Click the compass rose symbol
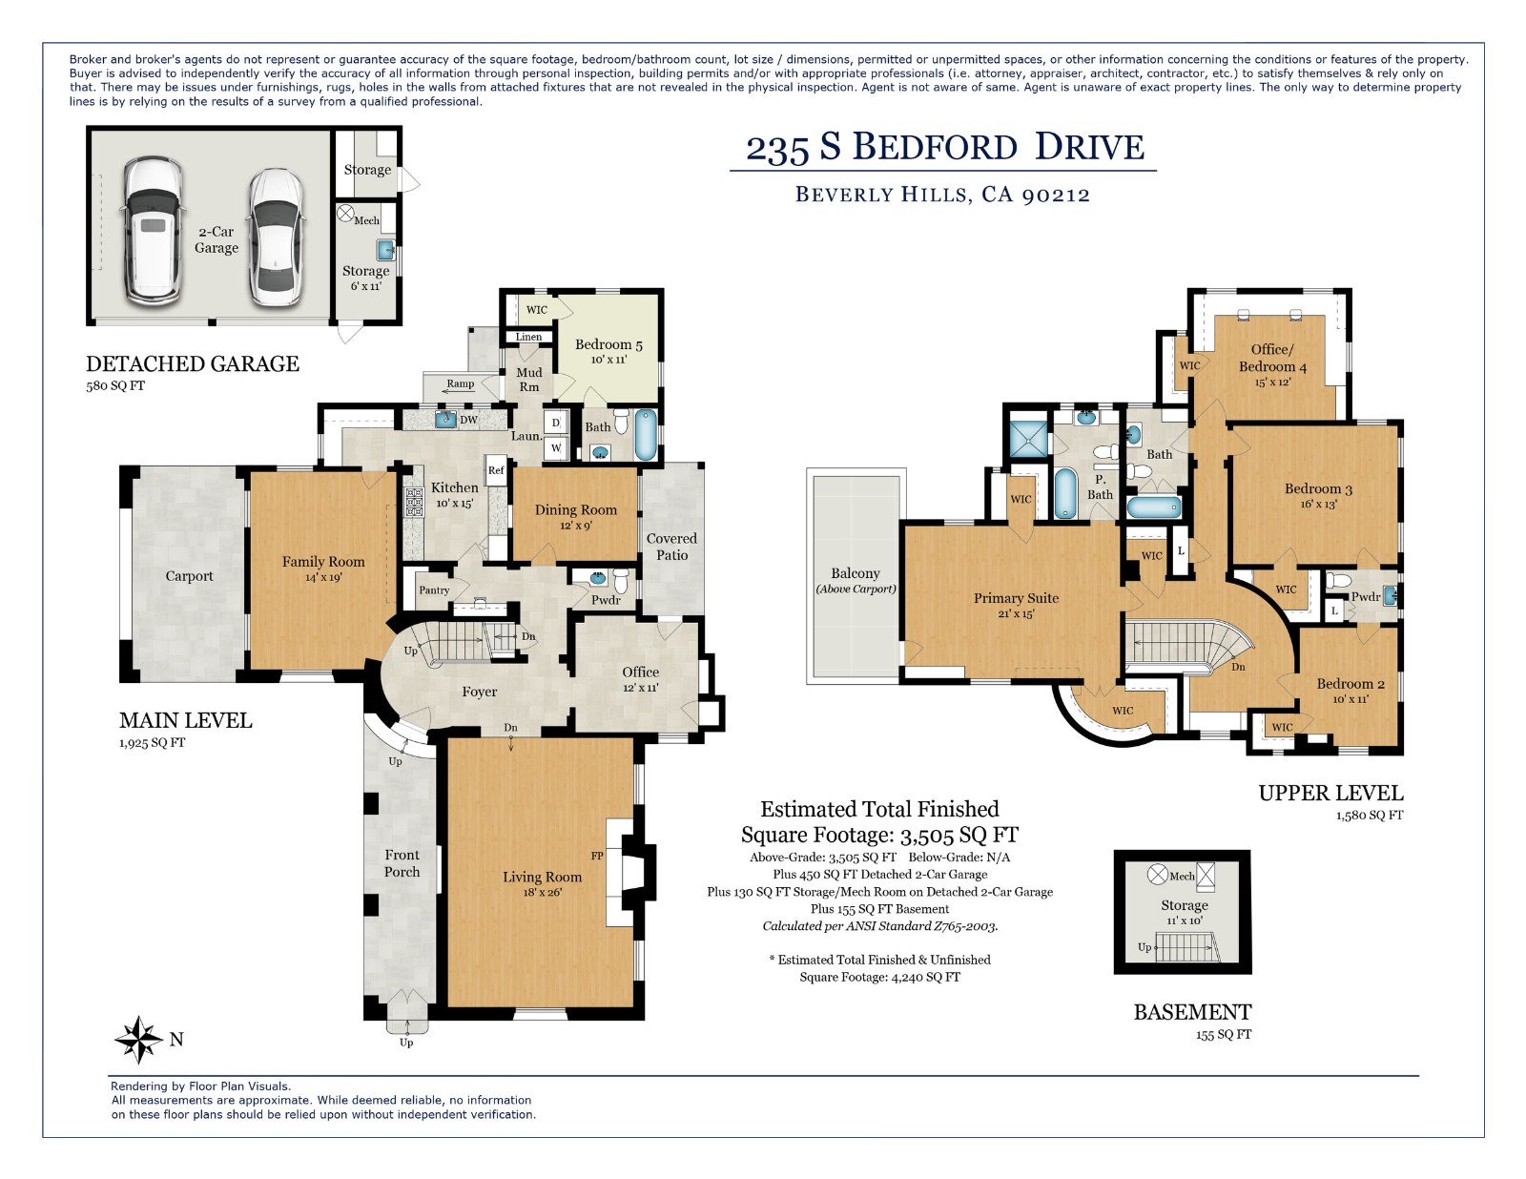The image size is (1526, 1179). pyautogui.click(x=139, y=1040)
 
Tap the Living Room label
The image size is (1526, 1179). pyautogui.click(x=542, y=877)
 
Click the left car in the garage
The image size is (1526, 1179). pyautogui.click(x=153, y=231)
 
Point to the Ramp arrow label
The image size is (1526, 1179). pyautogui.click(x=460, y=384)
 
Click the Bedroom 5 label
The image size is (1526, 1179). pyautogui.click(x=608, y=344)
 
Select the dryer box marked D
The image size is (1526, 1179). pyautogui.click(x=556, y=423)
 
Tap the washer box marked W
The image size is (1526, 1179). pyautogui.click(x=556, y=446)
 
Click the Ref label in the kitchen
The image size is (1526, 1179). pyautogui.click(x=496, y=470)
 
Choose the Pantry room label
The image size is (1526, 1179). pyautogui.click(x=434, y=590)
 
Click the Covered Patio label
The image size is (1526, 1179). pyautogui.click(x=671, y=547)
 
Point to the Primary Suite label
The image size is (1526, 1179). pyautogui.click(x=1016, y=598)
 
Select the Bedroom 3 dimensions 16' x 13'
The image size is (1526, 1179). pyautogui.click(x=1318, y=505)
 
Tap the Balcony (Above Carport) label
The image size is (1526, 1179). pyautogui.click(x=856, y=580)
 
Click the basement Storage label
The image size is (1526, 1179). pyautogui.click(x=1185, y=905)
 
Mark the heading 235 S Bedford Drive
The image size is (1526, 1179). pyautogui.click(x=944, y=148)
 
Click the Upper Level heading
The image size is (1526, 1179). pyautogui.click(x=1330, y=793)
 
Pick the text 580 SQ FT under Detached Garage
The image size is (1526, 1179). pyautogui.click(x=115, y=386)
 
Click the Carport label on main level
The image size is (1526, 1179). pyautogui.click(x=189, y=576)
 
